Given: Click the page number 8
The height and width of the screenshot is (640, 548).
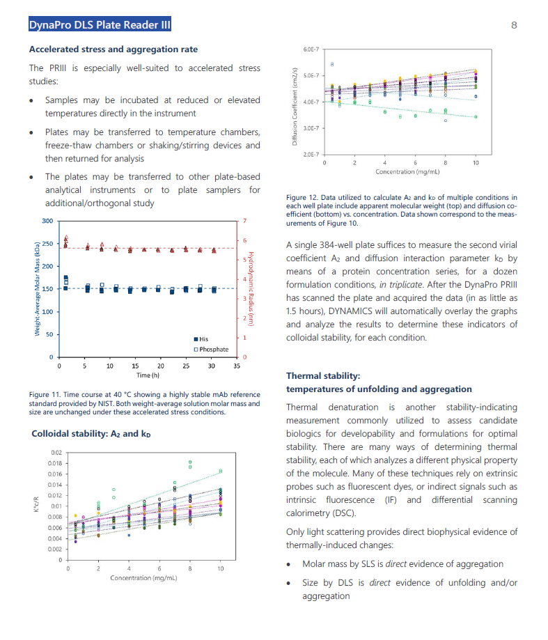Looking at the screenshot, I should coord(514,26).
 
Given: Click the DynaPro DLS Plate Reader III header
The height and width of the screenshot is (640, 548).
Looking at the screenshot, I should coord(99,26).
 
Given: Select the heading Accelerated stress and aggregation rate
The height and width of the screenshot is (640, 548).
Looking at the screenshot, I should coord(113,49).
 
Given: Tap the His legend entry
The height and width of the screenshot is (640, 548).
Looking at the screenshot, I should coord(203,338).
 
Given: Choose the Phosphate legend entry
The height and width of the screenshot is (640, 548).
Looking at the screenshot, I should coord(213,349).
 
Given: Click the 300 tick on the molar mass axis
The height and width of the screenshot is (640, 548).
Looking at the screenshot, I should coord(47,221).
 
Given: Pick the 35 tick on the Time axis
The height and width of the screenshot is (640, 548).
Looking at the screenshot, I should coord(236,366).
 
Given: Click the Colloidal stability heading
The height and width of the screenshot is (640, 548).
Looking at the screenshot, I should coord(91,434).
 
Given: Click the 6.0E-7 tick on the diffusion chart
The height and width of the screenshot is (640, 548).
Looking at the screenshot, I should coord(311,49).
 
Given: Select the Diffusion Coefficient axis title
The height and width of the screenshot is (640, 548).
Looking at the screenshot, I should coord(295,102).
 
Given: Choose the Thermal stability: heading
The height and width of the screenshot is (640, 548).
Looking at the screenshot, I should coord(323,375).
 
